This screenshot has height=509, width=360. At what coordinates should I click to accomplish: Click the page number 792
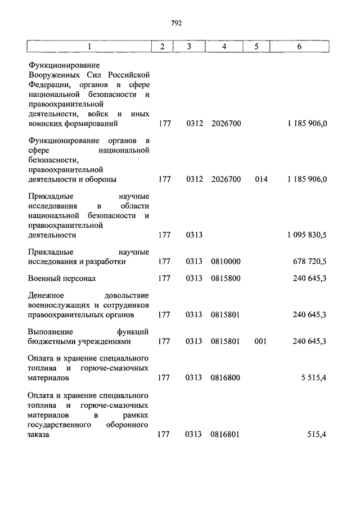click(x=176, y=23)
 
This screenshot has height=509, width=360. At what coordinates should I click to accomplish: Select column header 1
click(x=88, y=47)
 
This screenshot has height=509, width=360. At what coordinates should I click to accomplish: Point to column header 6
click(x=299, y=47)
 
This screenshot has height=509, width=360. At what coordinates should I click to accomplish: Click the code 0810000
click(x=226, y=262)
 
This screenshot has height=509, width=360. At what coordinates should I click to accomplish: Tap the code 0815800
click(x=226, y=278)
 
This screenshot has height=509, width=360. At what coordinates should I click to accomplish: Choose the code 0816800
click(x=226, y=377)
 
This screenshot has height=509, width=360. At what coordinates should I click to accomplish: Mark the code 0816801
click(x=226, y=434)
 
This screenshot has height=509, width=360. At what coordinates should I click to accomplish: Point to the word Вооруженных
click(x=53, y=75)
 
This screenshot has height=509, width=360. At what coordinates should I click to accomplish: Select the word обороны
click(x=102, y=179)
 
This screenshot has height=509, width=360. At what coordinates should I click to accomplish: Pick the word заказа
click(x=38, y=434)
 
